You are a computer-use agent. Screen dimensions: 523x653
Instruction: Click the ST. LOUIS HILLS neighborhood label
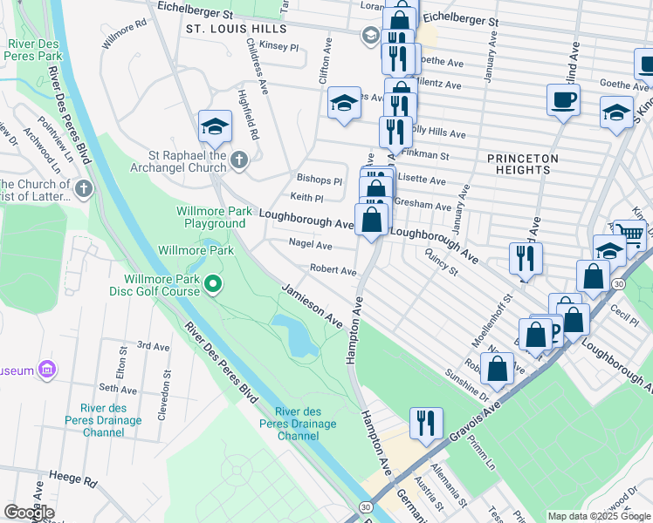(x=236, y=29)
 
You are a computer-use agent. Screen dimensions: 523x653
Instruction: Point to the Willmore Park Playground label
(x=210, y=217)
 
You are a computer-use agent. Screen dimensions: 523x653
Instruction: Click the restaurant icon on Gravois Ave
(x=425, y=423)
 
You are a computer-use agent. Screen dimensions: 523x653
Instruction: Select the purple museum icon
(x=47, y=370)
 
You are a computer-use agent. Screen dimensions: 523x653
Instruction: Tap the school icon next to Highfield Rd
(x=215, y=127)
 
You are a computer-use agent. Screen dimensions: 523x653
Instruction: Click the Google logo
(x=29, y=513)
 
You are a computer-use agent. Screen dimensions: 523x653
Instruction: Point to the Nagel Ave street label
(x=311, y=246)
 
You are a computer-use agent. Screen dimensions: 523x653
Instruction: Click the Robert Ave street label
(x=333, y=270)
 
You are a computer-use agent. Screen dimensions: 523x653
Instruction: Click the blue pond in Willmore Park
(x=297, y=336)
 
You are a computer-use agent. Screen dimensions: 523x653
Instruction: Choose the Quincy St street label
(x=440, y=261)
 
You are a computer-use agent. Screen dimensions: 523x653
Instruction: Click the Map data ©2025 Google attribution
(x=599, y=516)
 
